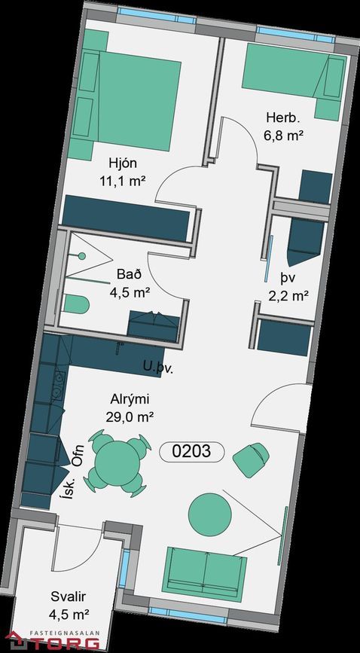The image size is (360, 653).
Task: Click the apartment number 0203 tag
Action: tap(192, 451)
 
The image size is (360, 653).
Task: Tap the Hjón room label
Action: tap(123, 163)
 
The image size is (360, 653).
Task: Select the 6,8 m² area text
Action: tap(282, 135)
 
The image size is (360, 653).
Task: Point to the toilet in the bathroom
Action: tap(77, 304)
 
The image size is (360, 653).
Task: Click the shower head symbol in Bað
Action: tap(82, 256)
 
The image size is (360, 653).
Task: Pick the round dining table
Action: tap(117, 462)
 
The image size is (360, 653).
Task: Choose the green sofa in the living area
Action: tap(204, 572)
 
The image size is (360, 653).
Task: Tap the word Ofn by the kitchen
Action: tap(78, 456)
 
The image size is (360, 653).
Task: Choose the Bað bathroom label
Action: tap(130, 275)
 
